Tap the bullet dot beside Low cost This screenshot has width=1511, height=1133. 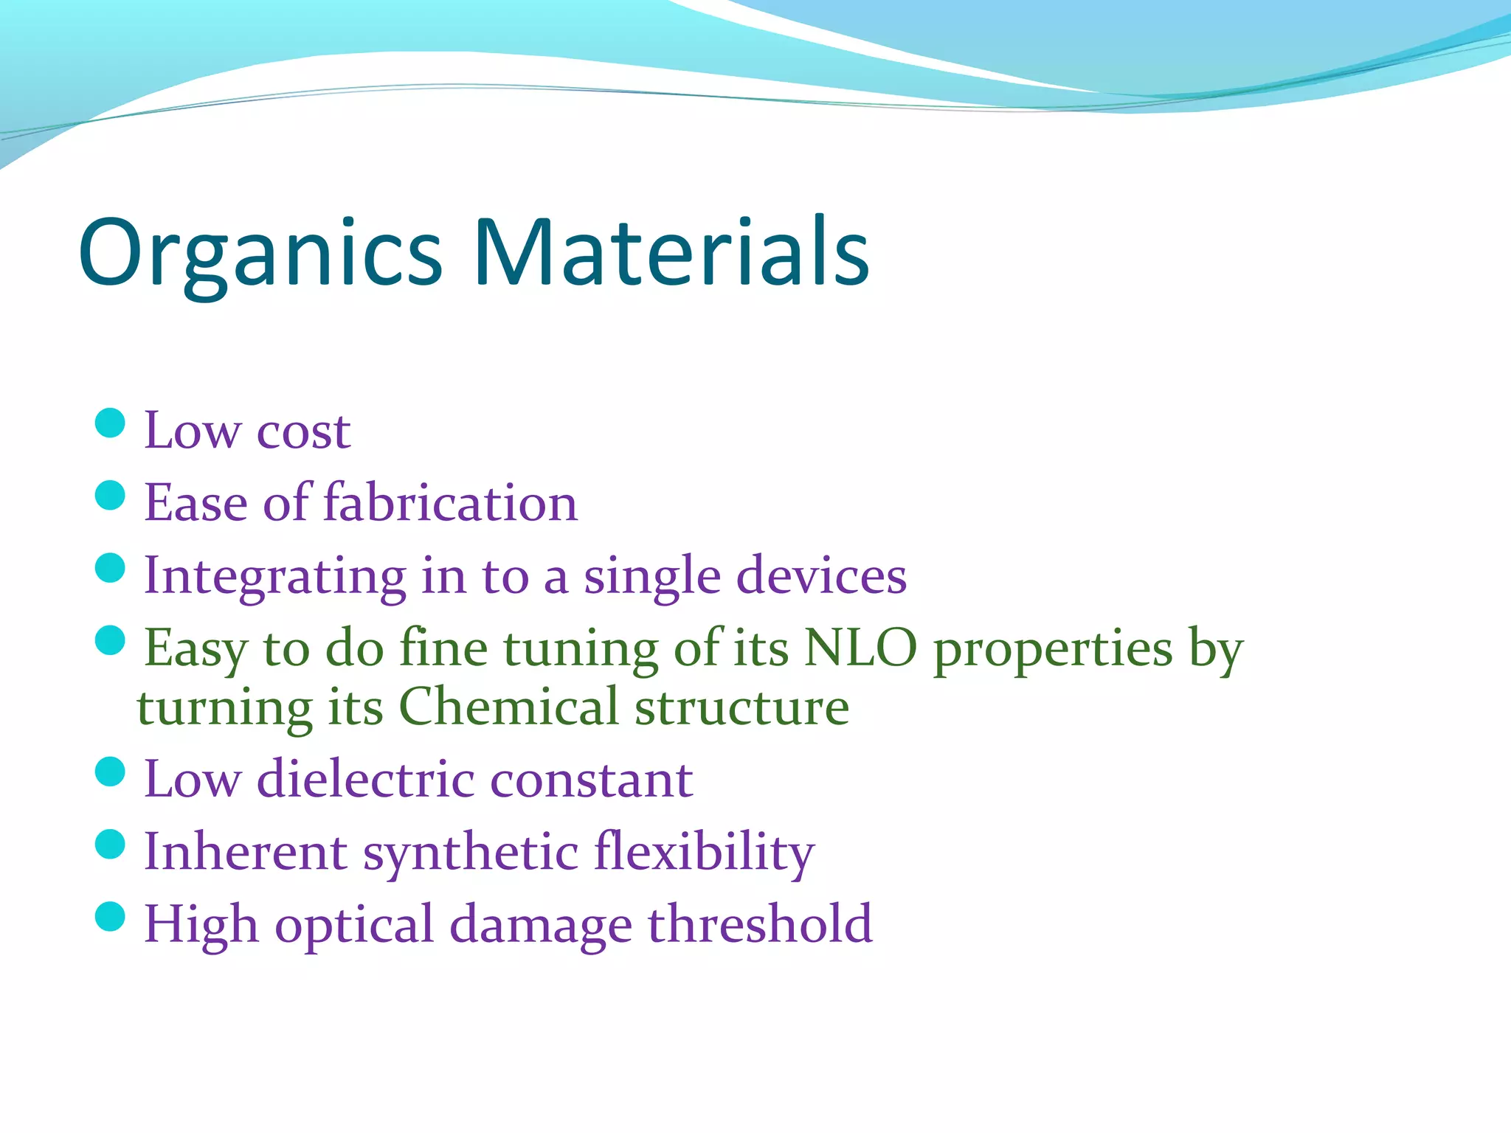111,423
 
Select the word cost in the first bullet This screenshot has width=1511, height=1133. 303,432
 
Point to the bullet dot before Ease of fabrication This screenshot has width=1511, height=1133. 111,496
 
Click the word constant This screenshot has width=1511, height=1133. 591,780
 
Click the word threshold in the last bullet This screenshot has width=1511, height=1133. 760,924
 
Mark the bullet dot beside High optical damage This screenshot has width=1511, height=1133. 111,917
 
